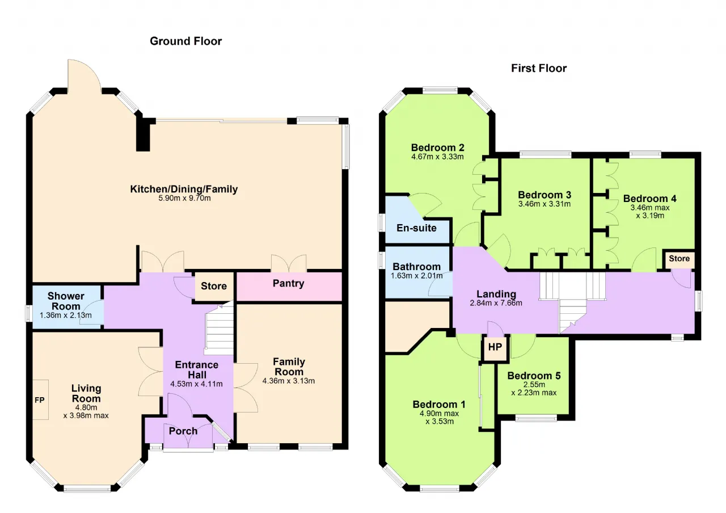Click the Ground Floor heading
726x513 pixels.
pyautogui.click(x=185, y=41)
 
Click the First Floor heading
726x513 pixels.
pyautogui.click(x=539, y=68)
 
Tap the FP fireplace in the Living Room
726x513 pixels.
pyautogui.click(x=40, y=400)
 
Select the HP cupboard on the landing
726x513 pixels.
pyautogui.click(x=495, y=347)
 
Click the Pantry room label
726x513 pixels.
pyautogui.click(x=289, y=283)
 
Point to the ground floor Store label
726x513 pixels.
pyautogui.click(x=214, y=286)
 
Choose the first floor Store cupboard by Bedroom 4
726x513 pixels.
pyautogui.click(x=679, y=259)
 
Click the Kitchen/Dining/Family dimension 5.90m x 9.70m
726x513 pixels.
pyautogui.click(x=184, y=198)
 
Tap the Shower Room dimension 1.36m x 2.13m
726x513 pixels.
pyautogui.click(x=65, y=315)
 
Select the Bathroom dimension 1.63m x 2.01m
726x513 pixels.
pyautogui.click(x=416, y=276)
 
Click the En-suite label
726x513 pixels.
pyautogui.click(x=416, y=228)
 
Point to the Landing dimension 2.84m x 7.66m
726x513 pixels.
pyautogui.click(x=496, y=303)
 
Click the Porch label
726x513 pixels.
pyautogui.click(x=183, y=431)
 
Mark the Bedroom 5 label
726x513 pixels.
pyautogui.click(x=534, y=376)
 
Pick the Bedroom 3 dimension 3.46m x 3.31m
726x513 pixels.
pyautogui.click(x=544, y=204)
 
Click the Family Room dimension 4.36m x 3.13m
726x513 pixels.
pyautogui.click(x=289, y=381)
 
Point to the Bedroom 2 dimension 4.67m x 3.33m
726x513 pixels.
pyautogui.click(x=437, y=157)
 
